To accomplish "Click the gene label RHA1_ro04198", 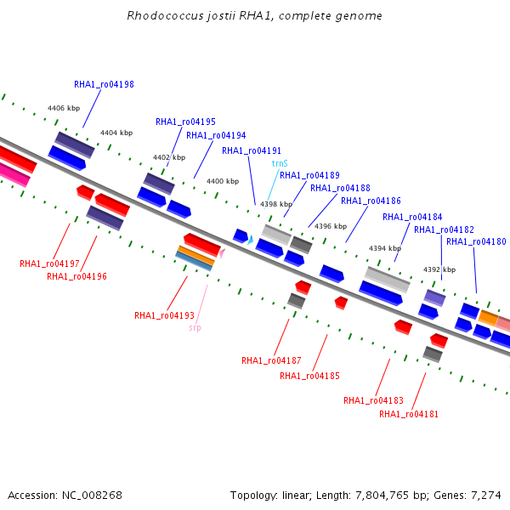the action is (x=104, y=84).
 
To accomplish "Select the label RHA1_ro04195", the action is (x=185, y=122).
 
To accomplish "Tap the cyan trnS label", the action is (x=280, y=163).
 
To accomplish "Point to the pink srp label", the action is (x=195, y=327).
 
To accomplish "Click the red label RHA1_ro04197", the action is (x=49, y=263).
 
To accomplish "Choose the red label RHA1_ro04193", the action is (x=164, y=315).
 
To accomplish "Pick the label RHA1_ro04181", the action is (x=409, y=414).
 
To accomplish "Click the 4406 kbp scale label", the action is (x=64, y=108).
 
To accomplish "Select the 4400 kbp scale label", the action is (x=223, y=181).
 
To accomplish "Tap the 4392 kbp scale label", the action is (x=439, y=269).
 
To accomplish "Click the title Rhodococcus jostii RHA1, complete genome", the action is (x=255, y=15).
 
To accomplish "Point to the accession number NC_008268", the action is (x=92, y=496).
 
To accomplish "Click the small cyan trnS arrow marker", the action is (x=250, y=240).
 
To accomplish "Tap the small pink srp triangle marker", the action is (x=222, y=253).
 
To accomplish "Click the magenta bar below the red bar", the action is (x=14, y=174).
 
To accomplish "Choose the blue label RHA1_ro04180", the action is (x=476, y=241).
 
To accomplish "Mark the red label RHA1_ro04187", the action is (x=271, y=360).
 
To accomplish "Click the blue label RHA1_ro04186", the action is (x=371, y=201).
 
